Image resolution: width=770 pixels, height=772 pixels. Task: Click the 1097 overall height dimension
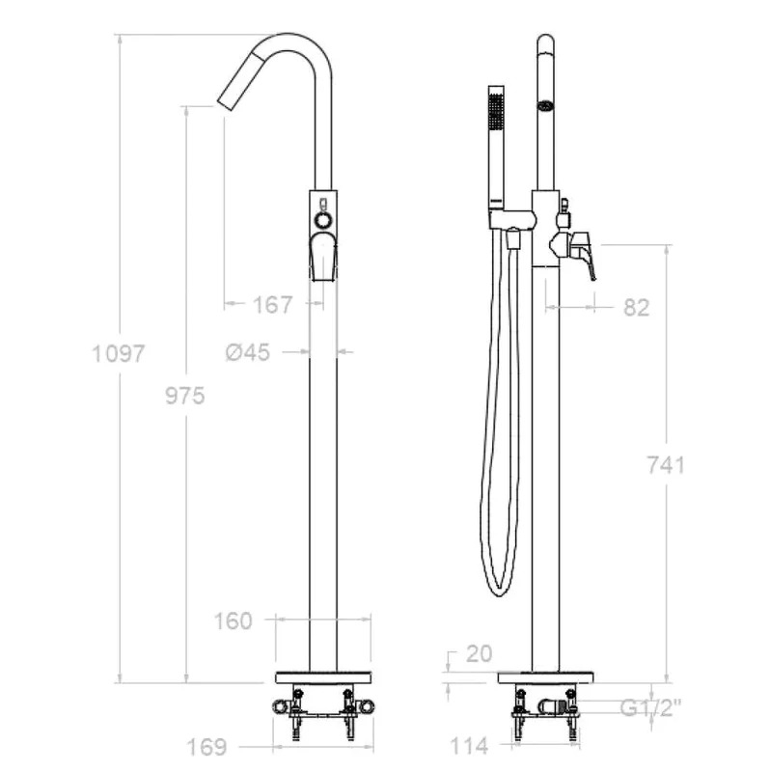(119, 353)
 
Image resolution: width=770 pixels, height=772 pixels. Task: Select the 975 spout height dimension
(185, 396)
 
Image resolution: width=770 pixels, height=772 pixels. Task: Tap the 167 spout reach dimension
(273, 305)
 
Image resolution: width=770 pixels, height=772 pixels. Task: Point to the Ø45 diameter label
(248, 352)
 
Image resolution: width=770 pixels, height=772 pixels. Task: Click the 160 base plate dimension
(233, 620)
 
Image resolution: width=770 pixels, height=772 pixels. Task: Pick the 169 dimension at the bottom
(206, 747)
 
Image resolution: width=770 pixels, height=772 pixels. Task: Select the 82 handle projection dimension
(637, 308)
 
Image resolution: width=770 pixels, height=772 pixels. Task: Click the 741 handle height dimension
(666, 465)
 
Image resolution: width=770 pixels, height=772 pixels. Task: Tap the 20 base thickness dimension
(479, 654)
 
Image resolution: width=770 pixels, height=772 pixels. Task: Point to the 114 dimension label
(469, 746)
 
